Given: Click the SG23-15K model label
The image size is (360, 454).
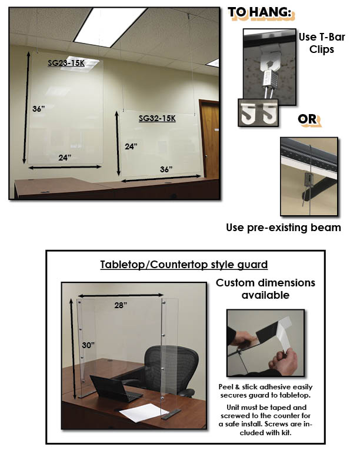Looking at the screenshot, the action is pyautogui.click(x=66, y=63).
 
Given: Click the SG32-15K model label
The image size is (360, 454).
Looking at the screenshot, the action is pyautogui.click(x=157, y=118).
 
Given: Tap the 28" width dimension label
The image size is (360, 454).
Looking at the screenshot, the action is pyautogui.click(x=121, y=305).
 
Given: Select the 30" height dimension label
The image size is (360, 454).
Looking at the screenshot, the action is pyautogui.click(x=88, y=345).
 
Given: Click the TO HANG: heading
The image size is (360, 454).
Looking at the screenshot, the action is pyautogui.click(x=259, y=12).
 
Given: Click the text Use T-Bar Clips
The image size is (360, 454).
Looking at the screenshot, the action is pyautogui.click(x=322, y=43).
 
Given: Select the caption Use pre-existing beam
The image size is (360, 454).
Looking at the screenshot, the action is pyautogui.click(x=284, y=228).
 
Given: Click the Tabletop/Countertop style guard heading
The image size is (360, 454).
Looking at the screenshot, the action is pyautogui.click(x=184, y=265).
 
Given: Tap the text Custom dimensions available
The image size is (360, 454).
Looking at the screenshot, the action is pyautogui.click(x=265, y=289).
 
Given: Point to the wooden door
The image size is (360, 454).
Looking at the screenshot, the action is pyautogui.click(x=209, y=139).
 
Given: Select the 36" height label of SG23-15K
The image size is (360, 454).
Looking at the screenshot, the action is pyautogui.click(x=38, y=109).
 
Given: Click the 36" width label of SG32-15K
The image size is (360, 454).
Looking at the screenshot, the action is pyautogui.click(x=166, y=169).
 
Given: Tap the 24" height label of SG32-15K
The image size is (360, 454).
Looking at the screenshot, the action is pyautogui.click(x=131, y=146).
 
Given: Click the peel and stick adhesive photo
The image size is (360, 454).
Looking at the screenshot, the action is pyautogui.click(x=265, y=343).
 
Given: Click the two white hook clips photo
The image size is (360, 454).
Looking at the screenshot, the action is pyautogui.click(x=258, y=113).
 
